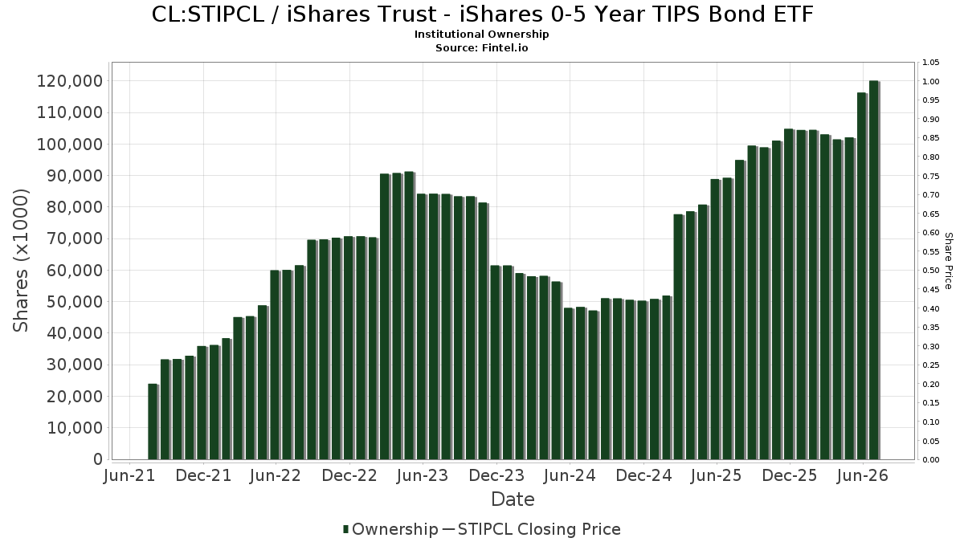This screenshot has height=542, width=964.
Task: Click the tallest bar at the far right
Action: [x=874, y=270]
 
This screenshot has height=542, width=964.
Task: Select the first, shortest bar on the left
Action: [x=153, y=422]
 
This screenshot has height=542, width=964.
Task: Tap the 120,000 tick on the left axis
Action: [x=70, y=81]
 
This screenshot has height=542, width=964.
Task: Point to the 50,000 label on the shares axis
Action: [x=75, y=302]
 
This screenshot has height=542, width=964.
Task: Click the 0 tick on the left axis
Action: [x=98, y=459]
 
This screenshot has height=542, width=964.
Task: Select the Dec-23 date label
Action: [x=496, y=475]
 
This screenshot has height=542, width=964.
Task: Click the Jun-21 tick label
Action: [x=129, y=475]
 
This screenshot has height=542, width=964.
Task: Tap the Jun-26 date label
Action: [x=863, y=475]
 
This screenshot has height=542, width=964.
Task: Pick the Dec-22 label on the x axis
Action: [x=349, y=475]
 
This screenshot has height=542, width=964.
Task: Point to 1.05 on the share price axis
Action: [x=931, y=63]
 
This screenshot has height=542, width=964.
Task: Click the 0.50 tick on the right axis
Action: [x=931, y=271]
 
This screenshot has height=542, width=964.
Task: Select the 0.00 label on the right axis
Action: [x=931, y=460]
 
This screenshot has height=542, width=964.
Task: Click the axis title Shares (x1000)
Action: [x=21, y=260]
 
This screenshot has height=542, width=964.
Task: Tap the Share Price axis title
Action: [x=949, y=261]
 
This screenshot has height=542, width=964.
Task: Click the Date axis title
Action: [x=513, y=499]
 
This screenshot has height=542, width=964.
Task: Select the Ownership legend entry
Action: [x=390, y=529]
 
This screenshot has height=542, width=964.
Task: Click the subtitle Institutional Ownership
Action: [x=481, y=35]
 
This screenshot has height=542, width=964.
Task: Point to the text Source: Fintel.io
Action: [x=481, y=47]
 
